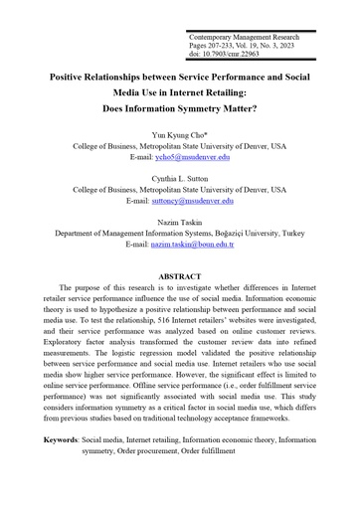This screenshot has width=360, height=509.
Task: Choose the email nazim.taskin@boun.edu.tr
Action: coord(208,244)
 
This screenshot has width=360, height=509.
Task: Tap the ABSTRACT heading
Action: coord(179,275)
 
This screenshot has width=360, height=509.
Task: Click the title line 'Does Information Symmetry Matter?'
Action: coord(180,107)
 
